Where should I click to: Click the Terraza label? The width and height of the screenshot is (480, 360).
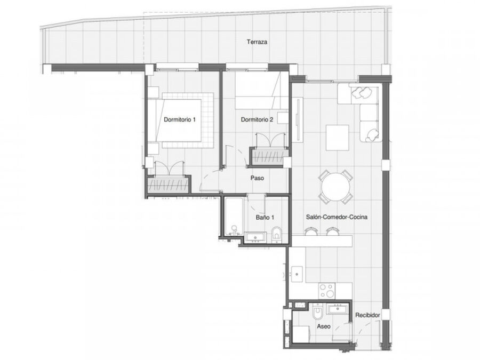[x=257, y=42]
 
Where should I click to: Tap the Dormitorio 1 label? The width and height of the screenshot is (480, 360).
[x=180, y=119]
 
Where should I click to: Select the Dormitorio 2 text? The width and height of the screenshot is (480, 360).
[x=257, y=119]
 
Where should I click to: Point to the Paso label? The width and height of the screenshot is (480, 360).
[x=257, y=178]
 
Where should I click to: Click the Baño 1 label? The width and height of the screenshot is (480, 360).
[x=265, y=218]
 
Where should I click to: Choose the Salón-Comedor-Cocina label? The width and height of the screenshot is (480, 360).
[x=337, y=217]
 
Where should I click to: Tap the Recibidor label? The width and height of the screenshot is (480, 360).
[x=367, y=315]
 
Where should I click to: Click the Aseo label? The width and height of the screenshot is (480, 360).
[x=324, y=326]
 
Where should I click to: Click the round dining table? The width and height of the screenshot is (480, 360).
[x=336, y=187]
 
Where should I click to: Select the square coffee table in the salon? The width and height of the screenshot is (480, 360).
[x=338, y=138]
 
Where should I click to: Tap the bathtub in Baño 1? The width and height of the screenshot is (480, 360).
[x=234, y=217]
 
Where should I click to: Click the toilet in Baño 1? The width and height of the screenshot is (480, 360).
[x=276, y=235]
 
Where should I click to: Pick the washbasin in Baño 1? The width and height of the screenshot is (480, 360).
[x=255, y=237]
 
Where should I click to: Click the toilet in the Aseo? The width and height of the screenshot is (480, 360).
[x=317, y=312]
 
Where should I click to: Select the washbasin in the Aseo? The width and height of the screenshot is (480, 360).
[x=338, y=309]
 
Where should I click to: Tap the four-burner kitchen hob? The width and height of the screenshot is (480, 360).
[x=327, y=291]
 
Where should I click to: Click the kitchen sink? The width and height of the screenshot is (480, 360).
[x=297, y=274]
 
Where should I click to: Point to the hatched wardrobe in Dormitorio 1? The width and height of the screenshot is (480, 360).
[x=167, y=185]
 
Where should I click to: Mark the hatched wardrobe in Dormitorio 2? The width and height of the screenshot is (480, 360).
[x=269, y=157]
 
